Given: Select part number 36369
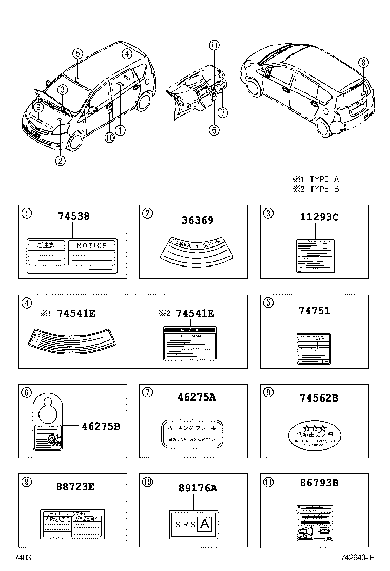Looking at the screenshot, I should (x=197, y=220).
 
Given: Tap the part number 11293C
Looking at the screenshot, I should (x=319, y=217).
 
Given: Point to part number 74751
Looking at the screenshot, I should (x=314, y=311).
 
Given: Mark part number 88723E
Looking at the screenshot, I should (x=75, y=487).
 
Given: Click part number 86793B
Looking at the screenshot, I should (x=319, y=483).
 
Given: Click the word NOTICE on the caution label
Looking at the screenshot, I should (x=92, y=246).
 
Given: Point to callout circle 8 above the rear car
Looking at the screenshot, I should (x=363, y=63).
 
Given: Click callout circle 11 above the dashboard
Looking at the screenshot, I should (x=214, y=45).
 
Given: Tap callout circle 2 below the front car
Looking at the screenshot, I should (x=60, y=160).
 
